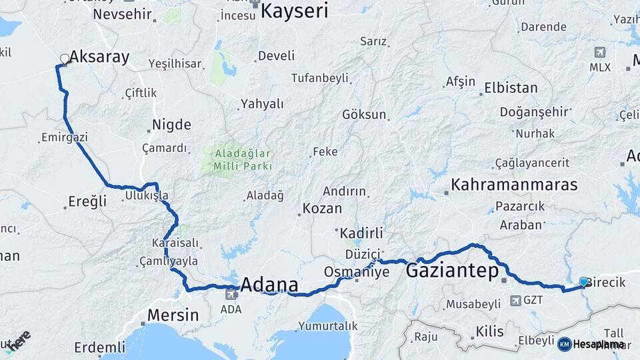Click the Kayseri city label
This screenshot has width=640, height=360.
294,11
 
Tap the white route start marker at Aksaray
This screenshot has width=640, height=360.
65,59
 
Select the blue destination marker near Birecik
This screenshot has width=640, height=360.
583,282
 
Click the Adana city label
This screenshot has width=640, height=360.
269,285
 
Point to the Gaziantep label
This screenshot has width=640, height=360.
452,271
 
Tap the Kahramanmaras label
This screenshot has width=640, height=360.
514,185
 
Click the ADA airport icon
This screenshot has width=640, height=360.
231,294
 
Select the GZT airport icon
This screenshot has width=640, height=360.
515,301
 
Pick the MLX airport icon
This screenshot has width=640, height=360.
599,52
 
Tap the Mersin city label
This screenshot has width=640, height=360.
173,315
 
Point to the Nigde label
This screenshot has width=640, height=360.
171,125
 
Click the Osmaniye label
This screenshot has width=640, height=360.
347,272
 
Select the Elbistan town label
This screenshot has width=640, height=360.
511,87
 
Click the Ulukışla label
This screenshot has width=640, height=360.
147,196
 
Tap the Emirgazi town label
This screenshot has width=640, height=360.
65,137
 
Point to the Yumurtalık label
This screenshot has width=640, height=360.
328,326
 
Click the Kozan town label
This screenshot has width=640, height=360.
322,209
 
